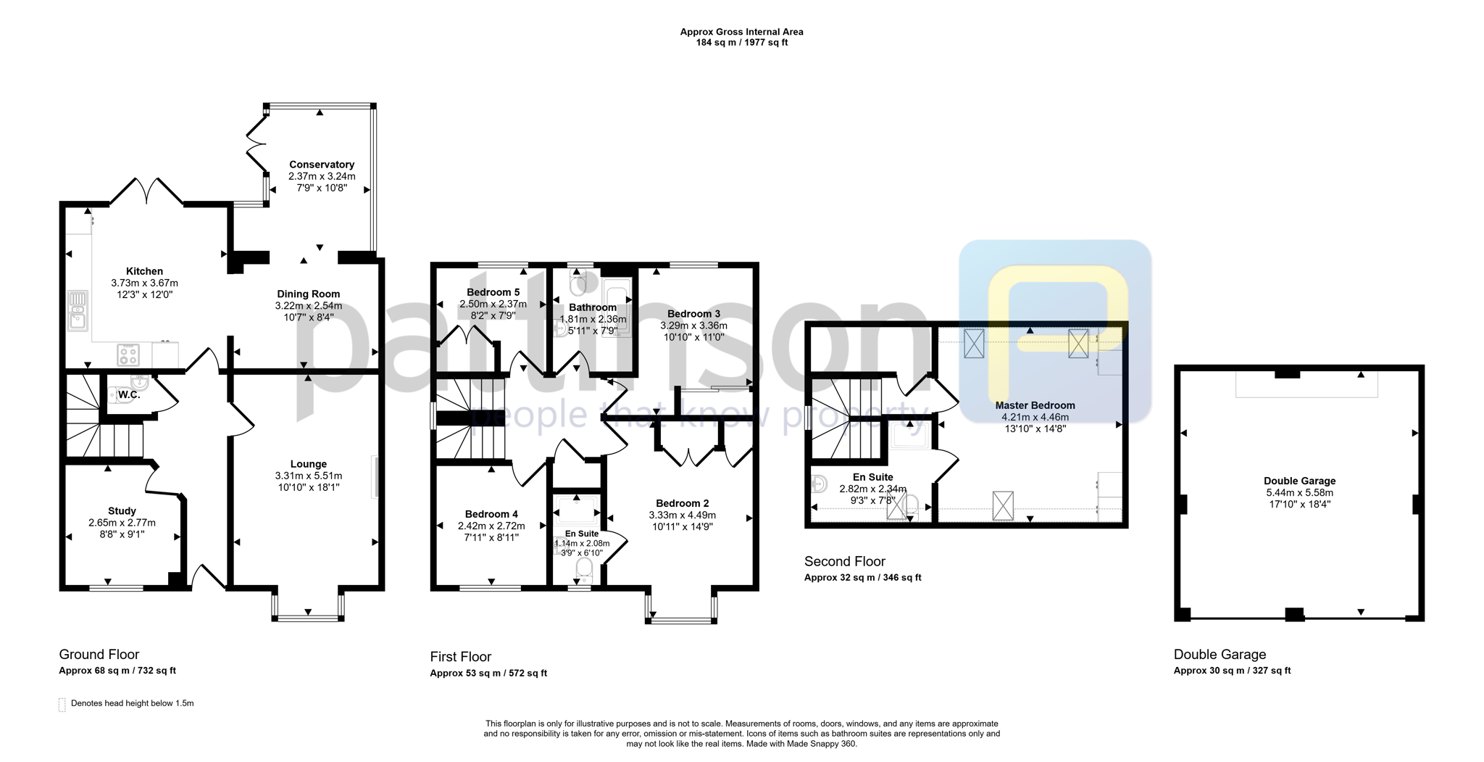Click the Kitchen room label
click(x=144, y=271)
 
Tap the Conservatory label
click(x=322, y=165)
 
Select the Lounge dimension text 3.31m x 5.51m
click(x=309, y=476)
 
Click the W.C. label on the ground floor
click(x=129, y=394)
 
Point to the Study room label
click(x=122, y=511)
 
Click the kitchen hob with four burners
click(x=128, y=355)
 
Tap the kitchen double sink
click(x=77, y=310)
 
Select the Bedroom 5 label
click(x=493, y=292)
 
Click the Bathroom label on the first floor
click(x=593, y=307)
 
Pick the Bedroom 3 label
click(x=693, y=314)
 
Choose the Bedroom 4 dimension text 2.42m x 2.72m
click(x=491, y=526)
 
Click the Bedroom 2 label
click(x=682, y=503)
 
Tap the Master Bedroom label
click(x=1035, y=405)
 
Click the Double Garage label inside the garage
click(x=1299, y=481)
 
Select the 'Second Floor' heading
click(x=845, y=561)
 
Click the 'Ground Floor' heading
click(x=99, y=655)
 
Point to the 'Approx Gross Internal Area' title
click(x=741, y=32)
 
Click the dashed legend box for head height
click(x=62, y=705)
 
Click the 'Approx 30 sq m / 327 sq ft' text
click(x=1232, y=671)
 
